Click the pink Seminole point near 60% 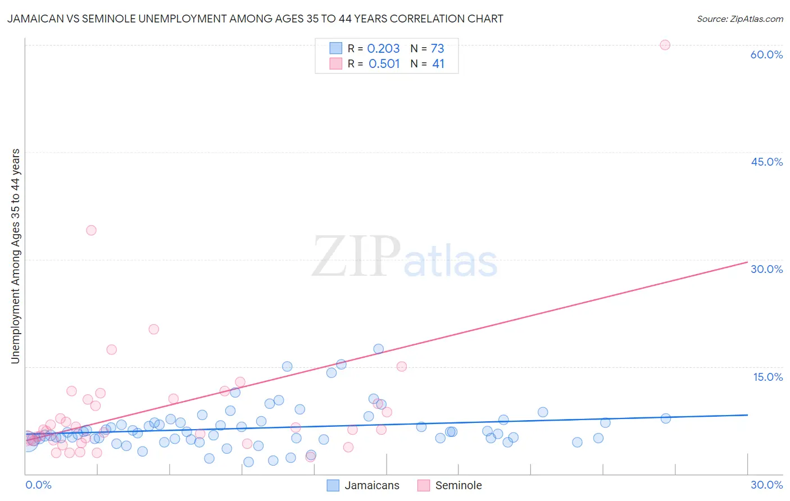[665, 45]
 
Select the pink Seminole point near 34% [91, 230]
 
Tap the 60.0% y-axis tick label [766, 54]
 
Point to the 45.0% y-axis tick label [766, 162]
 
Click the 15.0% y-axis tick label [768, 377]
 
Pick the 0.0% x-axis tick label [38, 485]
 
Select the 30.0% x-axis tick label [766, 485]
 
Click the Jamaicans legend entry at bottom [371, 485]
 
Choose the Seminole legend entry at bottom [458, 485]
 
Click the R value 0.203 [383, 49]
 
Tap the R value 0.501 [384, 64]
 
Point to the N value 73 [437, 49]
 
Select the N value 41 [438, 64]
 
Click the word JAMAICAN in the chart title [34, 19]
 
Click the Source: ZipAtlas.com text [739, 19]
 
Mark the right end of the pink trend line [747, 262]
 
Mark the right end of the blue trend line [747, 415]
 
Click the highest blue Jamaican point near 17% [378, 349]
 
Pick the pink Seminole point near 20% [153, 329]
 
